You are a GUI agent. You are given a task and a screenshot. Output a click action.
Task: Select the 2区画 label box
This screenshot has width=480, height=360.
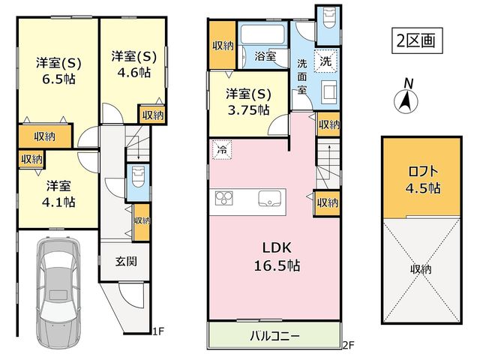[x=417, y=40]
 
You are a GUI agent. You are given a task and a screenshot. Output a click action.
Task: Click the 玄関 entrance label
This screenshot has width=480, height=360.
[x=126, y=262]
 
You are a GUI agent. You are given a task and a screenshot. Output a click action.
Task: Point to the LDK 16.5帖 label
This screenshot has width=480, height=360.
[x=277, y=256]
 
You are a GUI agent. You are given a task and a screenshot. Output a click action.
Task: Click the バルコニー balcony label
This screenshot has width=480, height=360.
[x=274, y=336]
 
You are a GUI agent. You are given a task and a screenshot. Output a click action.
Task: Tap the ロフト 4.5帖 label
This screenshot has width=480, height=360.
[x=423, y=180]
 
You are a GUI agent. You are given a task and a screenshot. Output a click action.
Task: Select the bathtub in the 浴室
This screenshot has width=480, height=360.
[x=262, y=35]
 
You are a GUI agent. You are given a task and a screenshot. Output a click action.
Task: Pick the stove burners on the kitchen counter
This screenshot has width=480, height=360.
[x=223, y=198]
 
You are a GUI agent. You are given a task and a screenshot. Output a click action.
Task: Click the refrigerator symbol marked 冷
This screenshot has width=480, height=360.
[x=222, y=150]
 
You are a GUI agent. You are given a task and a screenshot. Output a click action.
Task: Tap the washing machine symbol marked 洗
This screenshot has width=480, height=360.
[x=325, y=61]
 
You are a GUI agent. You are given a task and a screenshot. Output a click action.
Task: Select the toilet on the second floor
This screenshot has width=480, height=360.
[x=328, y=18]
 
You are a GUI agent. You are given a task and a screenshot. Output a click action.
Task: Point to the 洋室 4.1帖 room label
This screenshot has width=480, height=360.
[x=58, y=194]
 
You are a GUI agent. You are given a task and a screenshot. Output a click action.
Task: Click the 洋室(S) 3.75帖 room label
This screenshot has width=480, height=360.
[x=248, y=102]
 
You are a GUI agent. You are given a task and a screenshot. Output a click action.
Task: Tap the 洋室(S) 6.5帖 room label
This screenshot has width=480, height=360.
[x=58, y=71]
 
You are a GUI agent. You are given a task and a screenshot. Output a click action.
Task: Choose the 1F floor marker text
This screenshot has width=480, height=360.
[x=158, y=331]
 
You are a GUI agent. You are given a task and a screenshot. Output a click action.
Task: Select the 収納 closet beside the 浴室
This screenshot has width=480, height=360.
[x=223, y=45]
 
